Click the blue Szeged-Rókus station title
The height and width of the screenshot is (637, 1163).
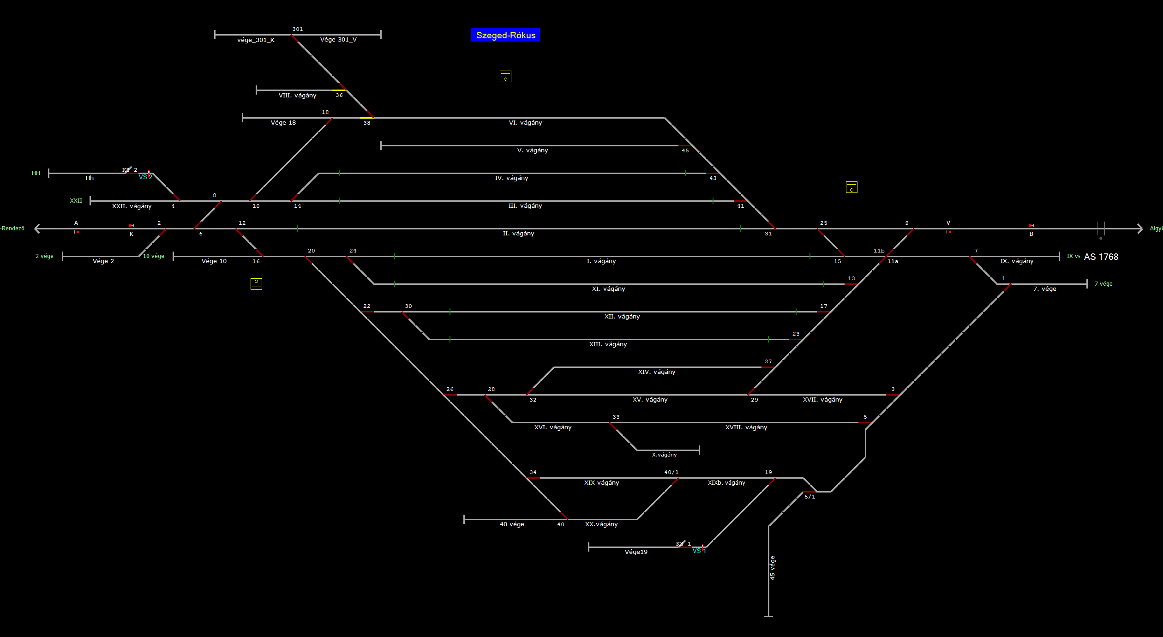(x=505, y=35)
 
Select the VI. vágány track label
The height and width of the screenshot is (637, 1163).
(x=525, y=123)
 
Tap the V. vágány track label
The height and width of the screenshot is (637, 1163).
(x=532, y=150)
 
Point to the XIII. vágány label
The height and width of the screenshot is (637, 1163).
(x=608, y=344)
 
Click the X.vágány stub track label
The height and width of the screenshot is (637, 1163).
(x=664, y=455)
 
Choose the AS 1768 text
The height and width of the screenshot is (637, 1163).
(x=1101, y=257)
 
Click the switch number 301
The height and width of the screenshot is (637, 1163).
(x=297, y=29)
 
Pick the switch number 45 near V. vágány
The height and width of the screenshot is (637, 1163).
(x=685, y=150)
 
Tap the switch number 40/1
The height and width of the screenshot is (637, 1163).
(x=671, y=472)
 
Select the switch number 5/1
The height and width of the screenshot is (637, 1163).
(x=809, y=497)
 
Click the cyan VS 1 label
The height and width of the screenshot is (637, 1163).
(x=699, y=551)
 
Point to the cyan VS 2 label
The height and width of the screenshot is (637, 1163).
(x=145, y=177)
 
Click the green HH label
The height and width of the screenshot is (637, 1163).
(x=36, y=173)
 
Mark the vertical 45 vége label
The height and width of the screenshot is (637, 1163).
(x=773, y=568)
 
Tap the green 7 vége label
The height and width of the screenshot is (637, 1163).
(x=1103, y=284)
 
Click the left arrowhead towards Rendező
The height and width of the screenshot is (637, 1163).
(x=37, y=228)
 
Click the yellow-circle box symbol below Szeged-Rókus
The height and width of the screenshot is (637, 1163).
(x=505, y=77)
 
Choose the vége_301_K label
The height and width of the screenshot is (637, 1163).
(x=256, y=40)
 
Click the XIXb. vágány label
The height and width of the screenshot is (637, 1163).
(x=726, y=483)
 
